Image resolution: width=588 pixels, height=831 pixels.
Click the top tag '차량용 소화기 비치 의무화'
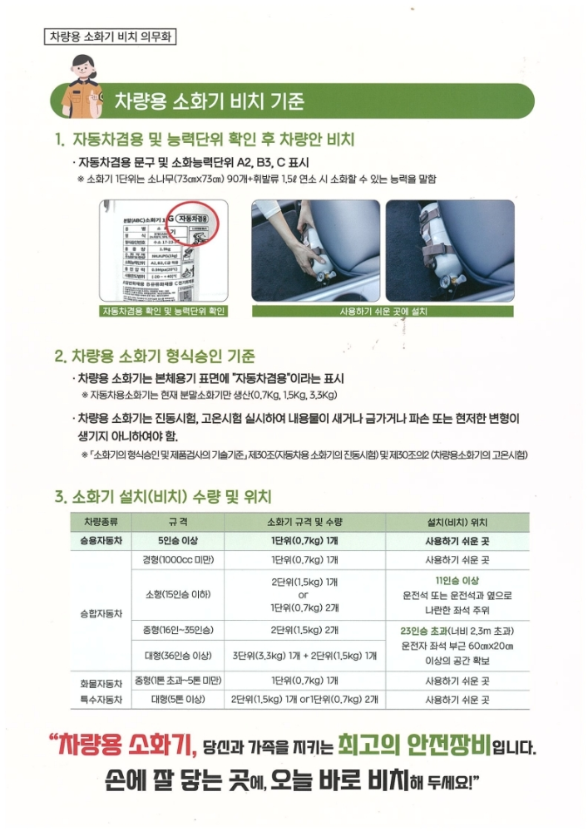pyautogui.click(x=109, y=37)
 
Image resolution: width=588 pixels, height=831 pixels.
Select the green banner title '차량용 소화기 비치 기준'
pyautogui.click(x=209, y=102)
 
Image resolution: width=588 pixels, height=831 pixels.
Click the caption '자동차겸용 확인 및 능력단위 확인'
pyautogui.click(x=164, y=311)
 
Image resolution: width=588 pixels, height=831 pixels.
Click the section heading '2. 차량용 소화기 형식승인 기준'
pyautogui.click(x=154, y=356)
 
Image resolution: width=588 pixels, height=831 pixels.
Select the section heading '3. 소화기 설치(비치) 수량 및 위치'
pyautogui.click(x=163, y=497)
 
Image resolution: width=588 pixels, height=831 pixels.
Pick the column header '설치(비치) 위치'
pyautogui.click(x=457, y=522)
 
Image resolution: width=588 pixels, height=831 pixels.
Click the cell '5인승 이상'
pyautogui.click(x=177, y=541)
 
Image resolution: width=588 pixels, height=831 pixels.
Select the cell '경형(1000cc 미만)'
pyautogui.click(x=177, y=560)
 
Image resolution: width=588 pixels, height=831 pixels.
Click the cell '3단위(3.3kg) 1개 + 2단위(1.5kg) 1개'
pyautogui.click(x=304, y=656)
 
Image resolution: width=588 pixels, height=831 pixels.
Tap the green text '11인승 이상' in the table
pyautogui.click(x=457, y=580)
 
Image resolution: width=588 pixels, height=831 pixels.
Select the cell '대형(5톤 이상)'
pyautogui.click(x=177, y=700)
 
